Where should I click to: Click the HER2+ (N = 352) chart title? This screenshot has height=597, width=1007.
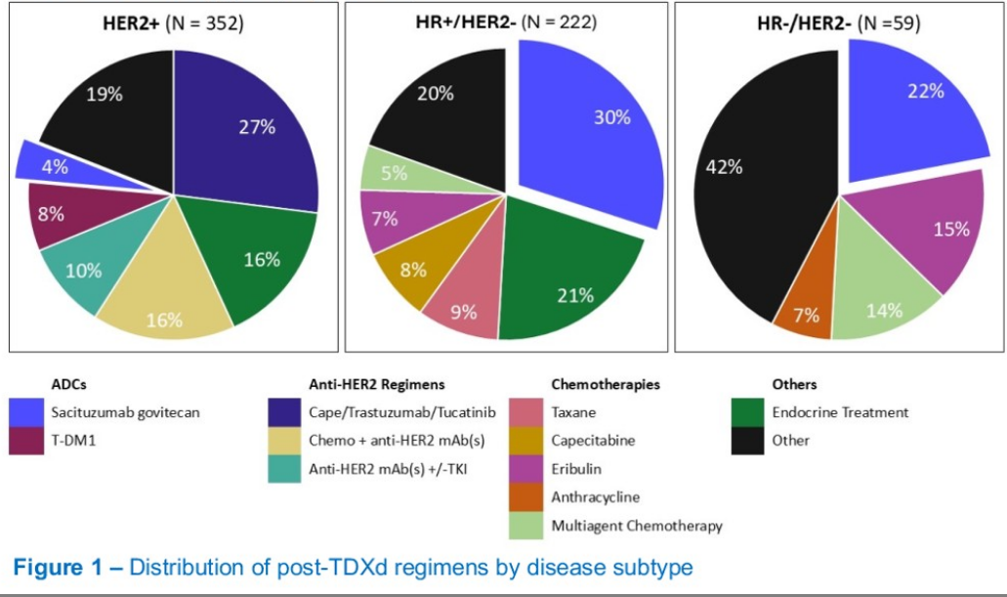[173, 22]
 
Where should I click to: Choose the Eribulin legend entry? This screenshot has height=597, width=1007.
[575, 469]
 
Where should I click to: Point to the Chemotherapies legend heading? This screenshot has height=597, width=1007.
[605, 385]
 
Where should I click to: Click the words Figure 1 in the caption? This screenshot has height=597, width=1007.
[60, 567]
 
